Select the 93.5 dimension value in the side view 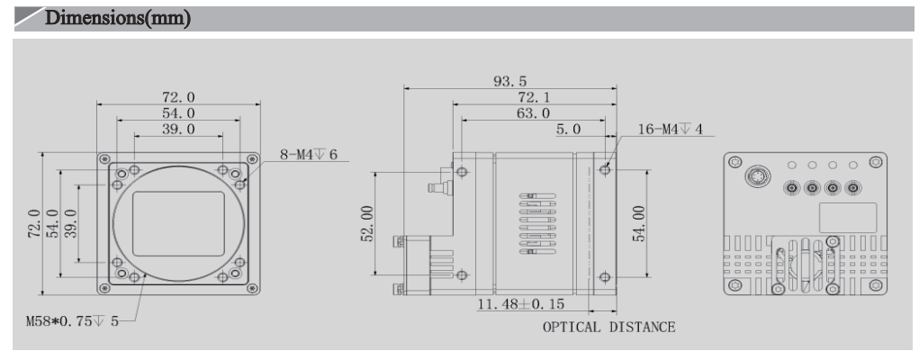[509, 82]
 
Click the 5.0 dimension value [568, 130]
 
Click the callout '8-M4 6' [309, 155]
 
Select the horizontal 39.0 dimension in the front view [178, 130]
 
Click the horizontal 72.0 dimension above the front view [178, 97]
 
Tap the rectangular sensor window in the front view [178, 221]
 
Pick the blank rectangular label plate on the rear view [847, 217]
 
